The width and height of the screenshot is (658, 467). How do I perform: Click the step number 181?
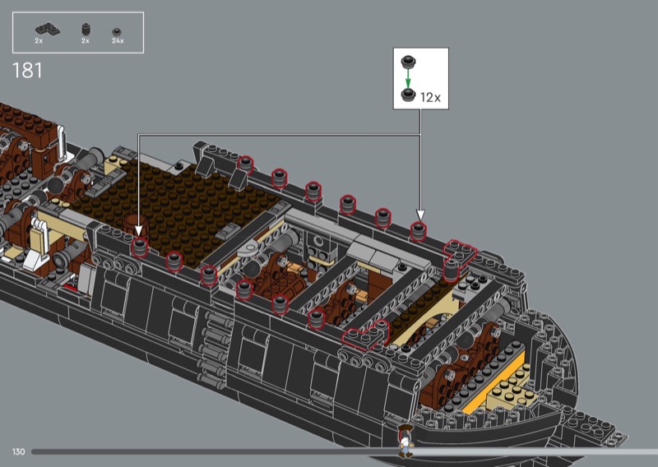click(27, 71)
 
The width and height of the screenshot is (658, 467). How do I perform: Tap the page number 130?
click(18, 451)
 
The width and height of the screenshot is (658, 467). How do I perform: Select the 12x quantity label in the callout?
click(430, 97)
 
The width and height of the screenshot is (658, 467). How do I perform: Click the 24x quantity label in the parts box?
click(118, 41)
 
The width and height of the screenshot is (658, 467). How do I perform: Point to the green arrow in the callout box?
click(407, 79)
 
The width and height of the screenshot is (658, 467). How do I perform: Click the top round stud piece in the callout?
click(408, 62)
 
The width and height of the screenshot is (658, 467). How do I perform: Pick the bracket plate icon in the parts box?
click(48, 29)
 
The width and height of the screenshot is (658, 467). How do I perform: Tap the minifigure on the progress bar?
click(405, 441)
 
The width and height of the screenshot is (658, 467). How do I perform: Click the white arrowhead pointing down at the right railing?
click(420, 215)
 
